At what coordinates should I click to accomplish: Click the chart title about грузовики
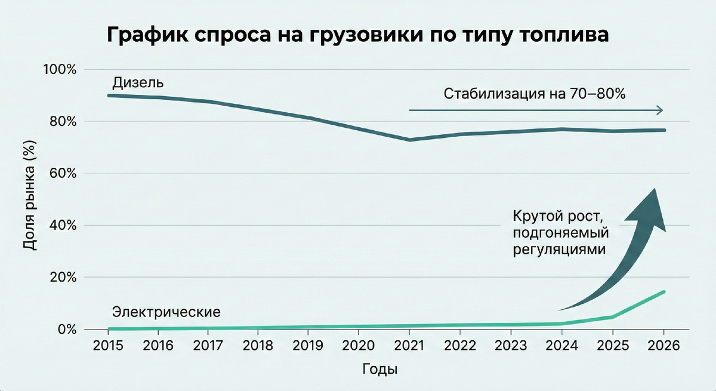[358, 35]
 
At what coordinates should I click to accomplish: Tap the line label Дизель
[138, 83]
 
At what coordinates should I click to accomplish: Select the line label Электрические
[166, 312]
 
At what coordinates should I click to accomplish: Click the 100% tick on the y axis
[60, 70]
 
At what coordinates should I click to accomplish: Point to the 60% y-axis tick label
[62, 174]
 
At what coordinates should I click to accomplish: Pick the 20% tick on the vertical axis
[62, 278]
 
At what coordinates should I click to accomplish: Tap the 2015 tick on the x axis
[107, 347]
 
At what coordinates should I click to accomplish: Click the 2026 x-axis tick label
[663, 347]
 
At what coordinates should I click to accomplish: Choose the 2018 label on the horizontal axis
[258, 347]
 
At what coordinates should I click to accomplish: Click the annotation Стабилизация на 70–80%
[533, 94]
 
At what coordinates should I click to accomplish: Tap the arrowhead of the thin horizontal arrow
[659, 110]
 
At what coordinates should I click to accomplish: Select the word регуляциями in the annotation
[559, 250]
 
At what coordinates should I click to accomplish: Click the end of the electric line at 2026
[663, 292]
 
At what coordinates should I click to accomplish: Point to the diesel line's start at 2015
[109, 96]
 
